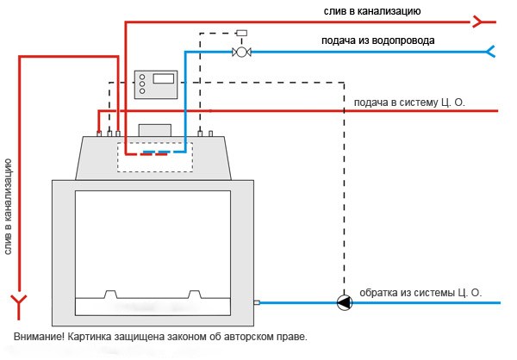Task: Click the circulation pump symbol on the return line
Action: pyautogui.click(x=344, y=302)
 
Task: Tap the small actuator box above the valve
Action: pyautogui.click(x=241, y=34)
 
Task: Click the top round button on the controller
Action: pyautogui.click(x=142, y=76)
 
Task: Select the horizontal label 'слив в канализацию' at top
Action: pyautogui.click(x=378, y=10)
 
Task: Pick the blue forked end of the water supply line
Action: pyautogui.click(x=492, y=52)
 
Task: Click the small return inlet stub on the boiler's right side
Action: pyautogui.click(x=256, y=302)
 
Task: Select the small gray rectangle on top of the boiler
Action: pyautogui.click(x=156, y=129)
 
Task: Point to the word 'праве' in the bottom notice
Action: pyautogui.click(x=290, y=336)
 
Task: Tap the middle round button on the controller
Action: pyautogui.click(x=142, y=85)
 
